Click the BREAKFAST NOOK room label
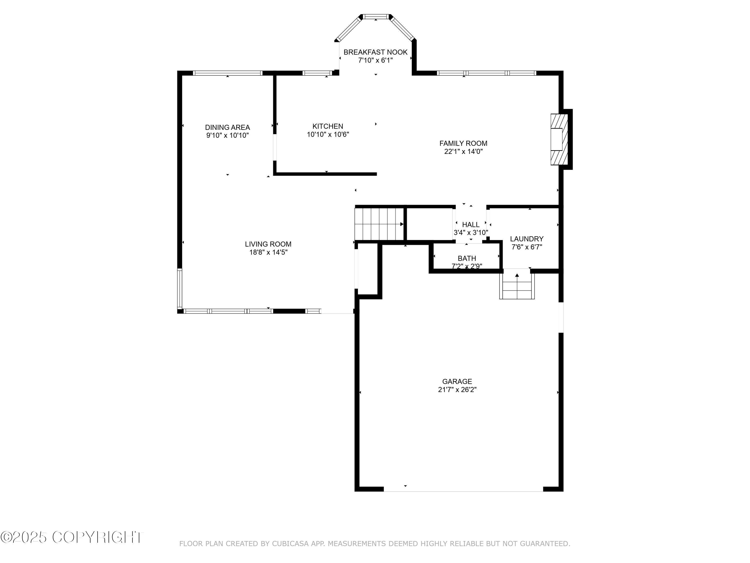pyautogui.click(x=375, y=52)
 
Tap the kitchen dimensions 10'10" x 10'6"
pyautogui.click(x=328, y=134)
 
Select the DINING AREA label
pyautogui.click(x=227, y=127)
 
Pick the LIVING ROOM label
pyautogui.click(x=268, y=244)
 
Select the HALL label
pyautogui.click(x=470, y=225)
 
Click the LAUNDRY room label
pyautogui.click(x=526, y=239)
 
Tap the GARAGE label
pyautogui.click(x=457, y=381)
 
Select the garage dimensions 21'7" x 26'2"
pyautogui.click(x=457, y=390)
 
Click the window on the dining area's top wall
pyautogui.click(x=227, y=73)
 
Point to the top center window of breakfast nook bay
pyautogui.click(x=376, y=16)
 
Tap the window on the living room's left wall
pyautogui.click(x=180, y=289)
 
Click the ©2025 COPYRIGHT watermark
pyautogui.click(x=72, y=537)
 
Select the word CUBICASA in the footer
pyautogui.click(x=290, y=544)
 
